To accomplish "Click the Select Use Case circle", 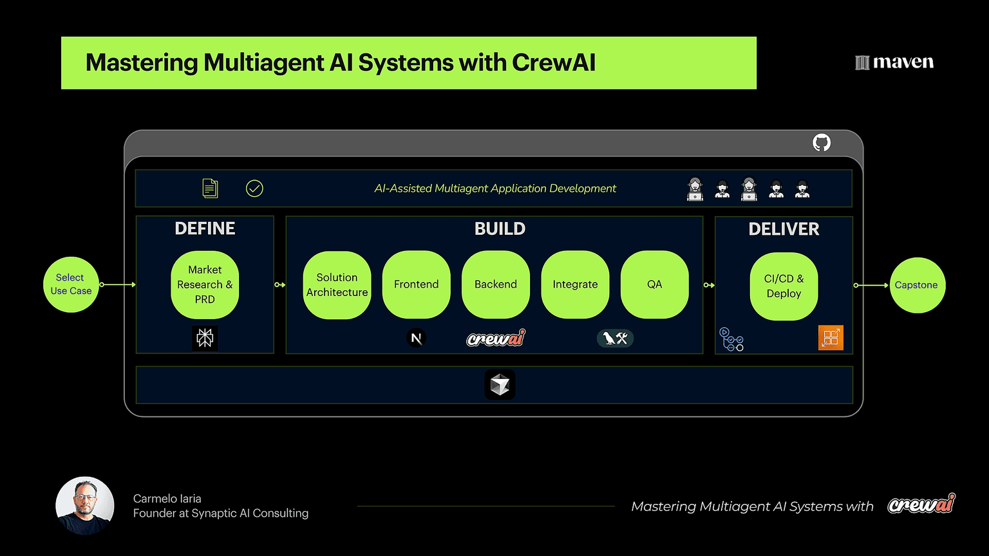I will click(x=71, y=284).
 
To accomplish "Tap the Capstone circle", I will click(x=916, y=285).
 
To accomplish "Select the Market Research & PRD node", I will click(x=205, y=284).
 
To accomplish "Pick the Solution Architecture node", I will click(x=337, y=284).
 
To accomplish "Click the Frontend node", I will click(x=416, y=284).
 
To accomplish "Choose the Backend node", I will click(x=496, y=284).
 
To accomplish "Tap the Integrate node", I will click(x=575, y=284).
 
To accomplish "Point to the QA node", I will click(x=654, y=284).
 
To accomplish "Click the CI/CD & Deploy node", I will click(x=784, y=286).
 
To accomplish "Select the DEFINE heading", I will click(x=205, y=228).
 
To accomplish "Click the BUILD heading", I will click(x=500, y=228).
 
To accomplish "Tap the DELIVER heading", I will click(x=784, y=229).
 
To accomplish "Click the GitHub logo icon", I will click(x=822, y=142).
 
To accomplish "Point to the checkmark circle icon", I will click(x=254, y=189).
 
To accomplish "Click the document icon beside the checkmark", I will click(x=210, y=189).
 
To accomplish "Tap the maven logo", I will click(x=894, y=62).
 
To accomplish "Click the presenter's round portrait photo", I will click(x=85, y=506).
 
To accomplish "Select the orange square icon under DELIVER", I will click(x=831, y=338).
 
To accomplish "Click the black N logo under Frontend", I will click(x=417, y=338).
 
